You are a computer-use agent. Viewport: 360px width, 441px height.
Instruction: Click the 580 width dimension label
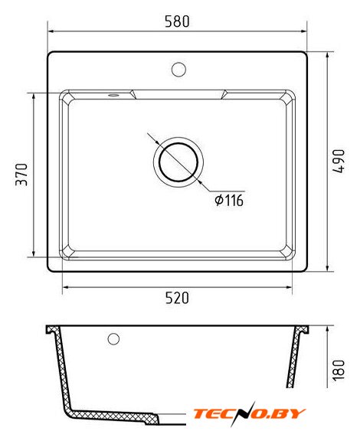(x=177, y=21)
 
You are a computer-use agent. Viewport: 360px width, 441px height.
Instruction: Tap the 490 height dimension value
(x=339, y=161)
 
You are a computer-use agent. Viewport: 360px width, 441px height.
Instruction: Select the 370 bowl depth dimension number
(x=21, y=175)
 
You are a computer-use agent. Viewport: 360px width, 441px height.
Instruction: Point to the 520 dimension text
(x=177, y=298)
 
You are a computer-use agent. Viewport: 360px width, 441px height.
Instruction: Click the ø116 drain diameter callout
(x=229, y=201)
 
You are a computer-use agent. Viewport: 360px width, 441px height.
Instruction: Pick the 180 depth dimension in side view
(x=339, y=370)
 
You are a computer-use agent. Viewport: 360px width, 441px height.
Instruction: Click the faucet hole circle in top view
(x=178, y=70)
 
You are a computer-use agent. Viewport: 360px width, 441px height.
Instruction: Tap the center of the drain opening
(x=178, y=162)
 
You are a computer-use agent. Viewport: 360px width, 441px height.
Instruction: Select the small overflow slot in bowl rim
(x=113, y=95)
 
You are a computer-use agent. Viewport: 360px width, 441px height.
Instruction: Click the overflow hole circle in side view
(x=113, y=339)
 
